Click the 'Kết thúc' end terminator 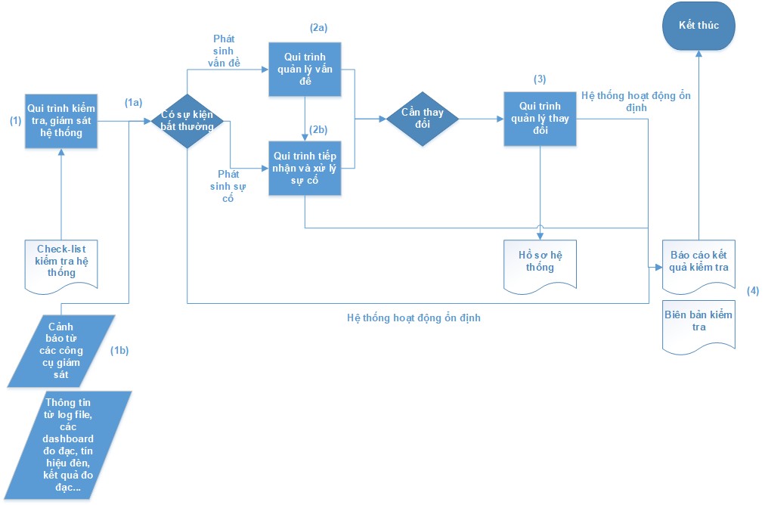(x=698, y=26)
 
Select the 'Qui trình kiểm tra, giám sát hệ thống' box (x=61, y=121)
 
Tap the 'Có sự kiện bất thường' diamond (x=187, y=121)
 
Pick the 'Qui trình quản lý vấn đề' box (x=305, y=70)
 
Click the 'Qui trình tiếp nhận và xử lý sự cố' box (x=305, y=169)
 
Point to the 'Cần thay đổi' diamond (x=423, y=119)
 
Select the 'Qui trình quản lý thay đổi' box (x=540, y=119)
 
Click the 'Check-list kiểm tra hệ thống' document (x=61, y=266)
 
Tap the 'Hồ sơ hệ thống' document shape (x=540, y=266)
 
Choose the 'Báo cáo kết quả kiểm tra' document (x=698, y=266)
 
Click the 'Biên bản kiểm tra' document (x=698, y=326)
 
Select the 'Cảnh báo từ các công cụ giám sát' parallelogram (x=61, y=351)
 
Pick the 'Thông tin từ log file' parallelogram (x=68, y=445)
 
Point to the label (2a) (x=318, y=28)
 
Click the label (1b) (x=119, y=350)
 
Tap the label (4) (x=753, y=291)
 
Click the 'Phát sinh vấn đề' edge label (x=224, y=51)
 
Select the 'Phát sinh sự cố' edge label (x=228, y=187)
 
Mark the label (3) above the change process (x=540, y=79)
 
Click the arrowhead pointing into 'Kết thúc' (x=698, y=54)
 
